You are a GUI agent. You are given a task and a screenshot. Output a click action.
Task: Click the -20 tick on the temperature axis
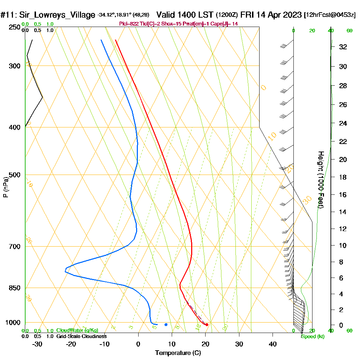coord(71,344)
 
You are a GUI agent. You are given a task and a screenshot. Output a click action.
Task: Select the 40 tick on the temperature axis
coord(273,344)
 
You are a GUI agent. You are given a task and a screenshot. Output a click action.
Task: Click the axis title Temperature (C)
coord(178,353)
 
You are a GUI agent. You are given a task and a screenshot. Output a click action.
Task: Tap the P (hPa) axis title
coord(5,187)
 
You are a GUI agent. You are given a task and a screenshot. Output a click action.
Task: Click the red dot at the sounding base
coord(207,325)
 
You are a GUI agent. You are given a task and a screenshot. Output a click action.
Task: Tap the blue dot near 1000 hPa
coord(166,324)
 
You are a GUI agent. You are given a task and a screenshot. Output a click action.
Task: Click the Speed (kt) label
coord(312,337)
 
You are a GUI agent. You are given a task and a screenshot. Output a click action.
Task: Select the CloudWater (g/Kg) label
coord(77,330)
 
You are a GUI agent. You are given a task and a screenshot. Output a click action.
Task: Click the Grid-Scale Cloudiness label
coord(81,336)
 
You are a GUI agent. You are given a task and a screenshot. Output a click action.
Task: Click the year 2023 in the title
coord(292,15)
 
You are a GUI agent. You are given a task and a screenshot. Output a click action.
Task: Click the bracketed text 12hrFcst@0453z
coord(330,15)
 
